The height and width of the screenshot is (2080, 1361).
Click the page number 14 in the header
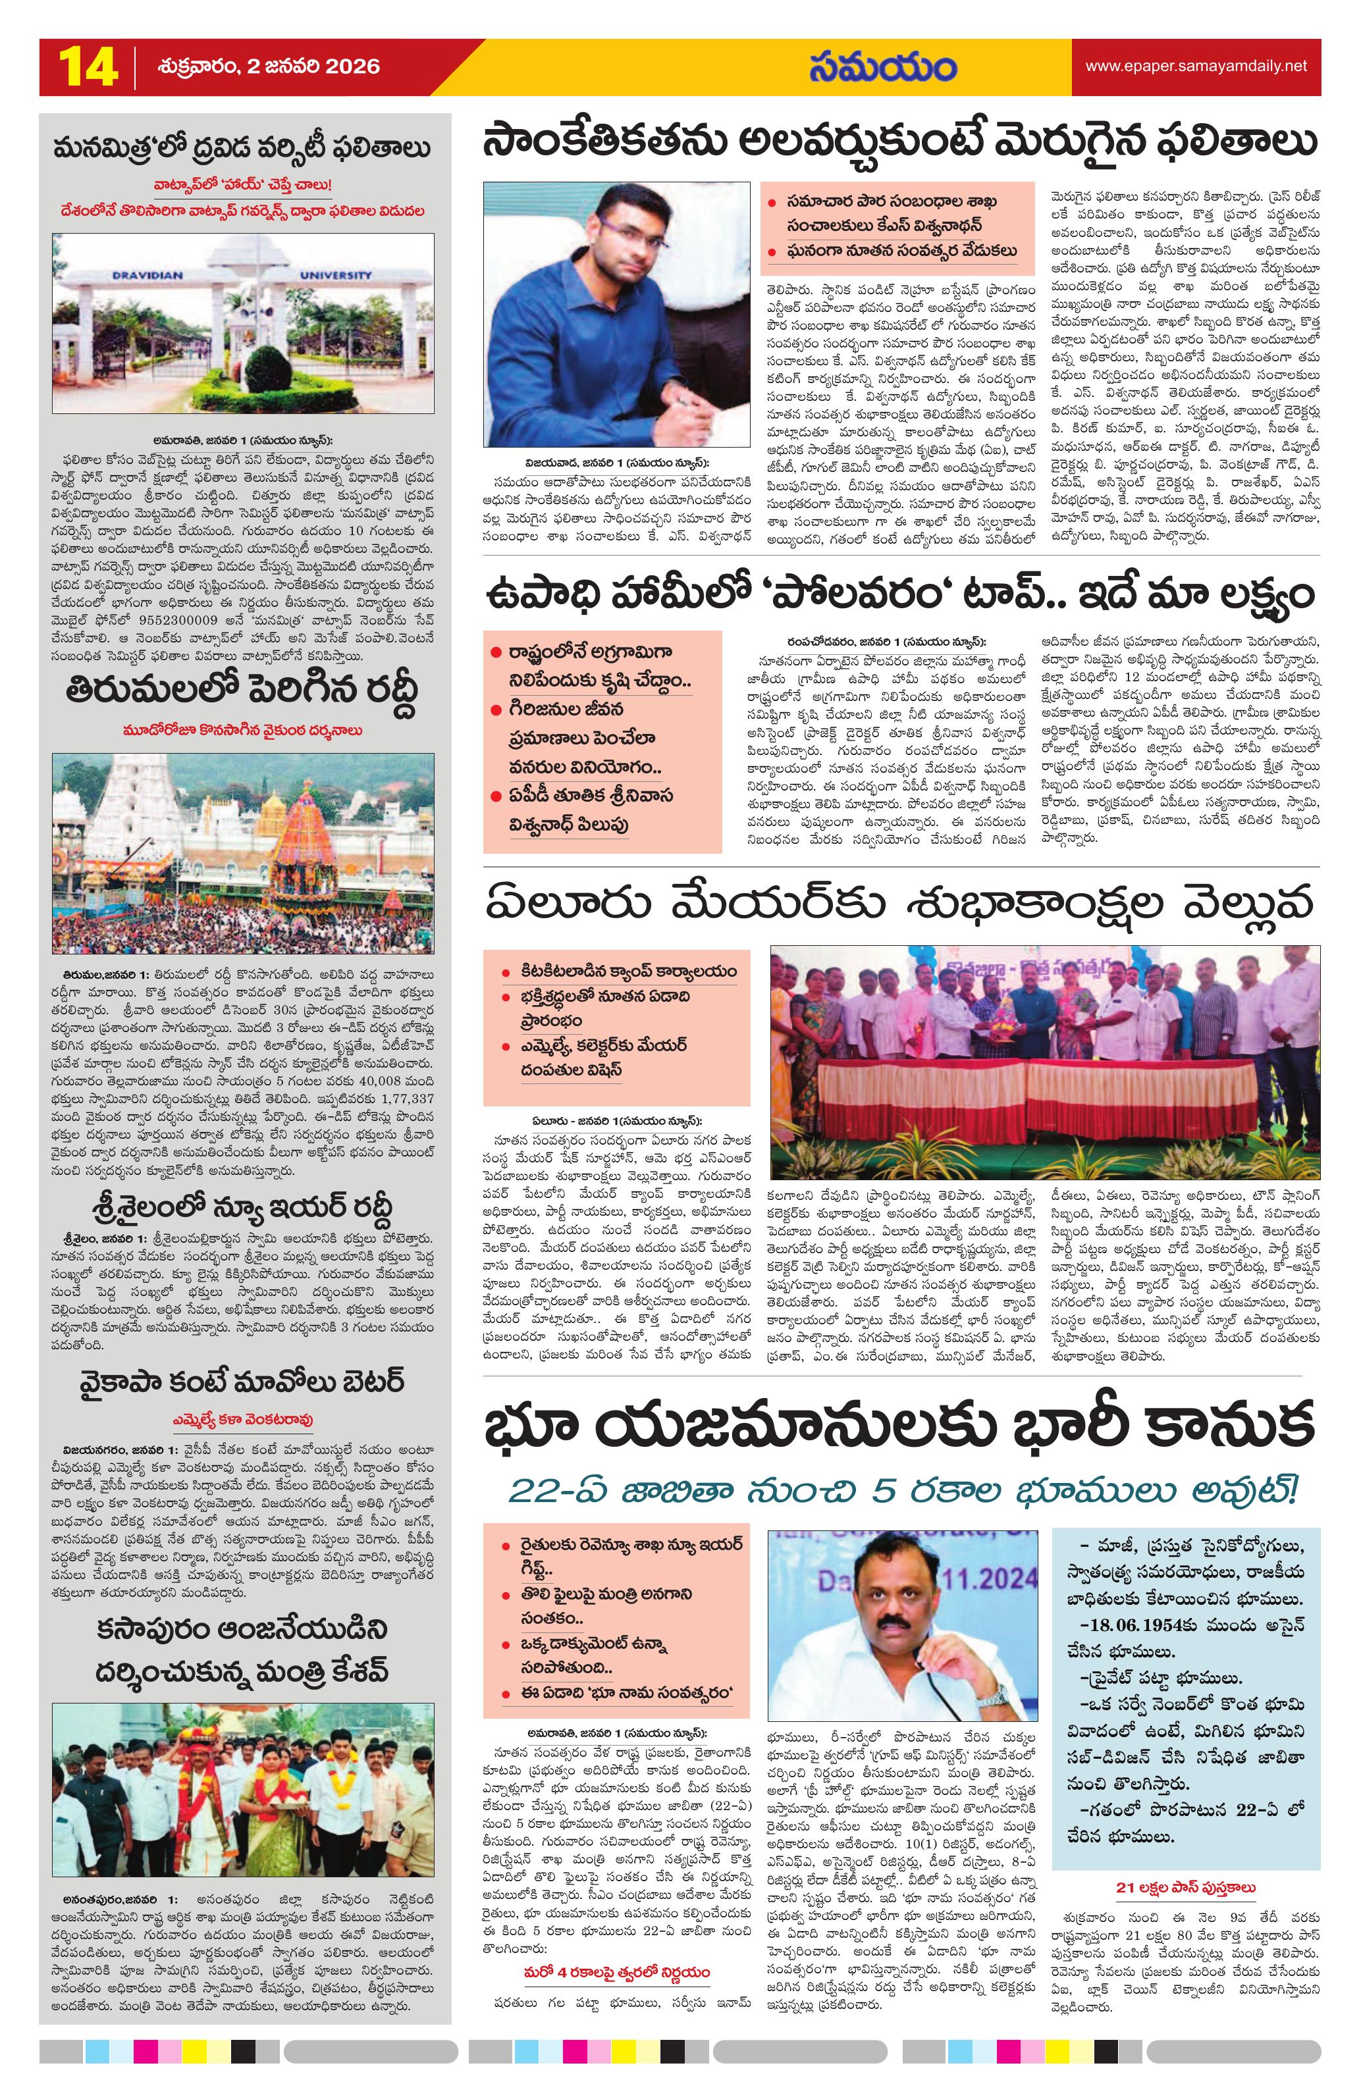88,67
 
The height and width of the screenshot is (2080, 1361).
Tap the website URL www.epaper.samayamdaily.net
1195,66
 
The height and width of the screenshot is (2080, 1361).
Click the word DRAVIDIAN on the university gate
147,275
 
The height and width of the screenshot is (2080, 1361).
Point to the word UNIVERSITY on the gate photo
336,275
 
